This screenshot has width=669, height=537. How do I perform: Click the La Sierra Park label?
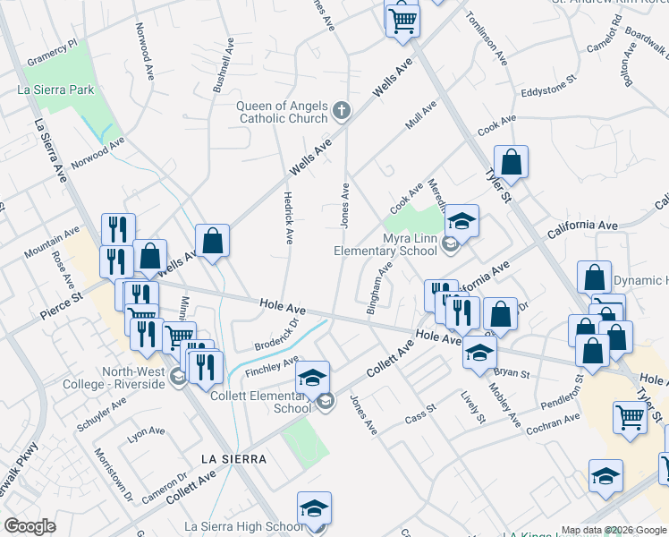tap(55, 89)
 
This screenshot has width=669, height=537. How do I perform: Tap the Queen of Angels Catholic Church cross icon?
tap(340, 111)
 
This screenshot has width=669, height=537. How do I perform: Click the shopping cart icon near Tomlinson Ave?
tap(402, 19)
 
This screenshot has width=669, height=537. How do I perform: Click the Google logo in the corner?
tap(30, 526)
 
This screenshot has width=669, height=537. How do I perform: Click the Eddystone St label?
tap(548, 91)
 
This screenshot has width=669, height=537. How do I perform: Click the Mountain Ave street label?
tap(52, 244)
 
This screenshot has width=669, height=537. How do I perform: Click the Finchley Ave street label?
tap(271, 365)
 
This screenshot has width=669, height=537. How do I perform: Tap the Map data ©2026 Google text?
tap(614, 530)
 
